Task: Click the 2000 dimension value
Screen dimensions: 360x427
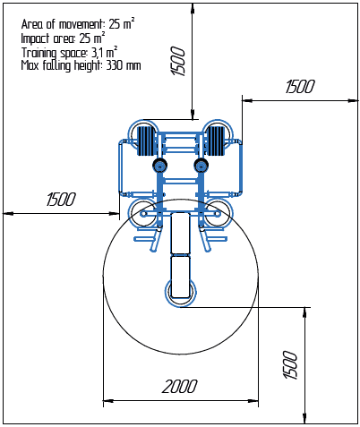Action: (x=179, y=387)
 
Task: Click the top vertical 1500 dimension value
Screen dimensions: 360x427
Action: (x=178, y=61)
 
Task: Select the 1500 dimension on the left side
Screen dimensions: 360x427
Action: (x=61, y=200)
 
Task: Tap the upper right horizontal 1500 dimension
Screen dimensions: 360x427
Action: (x=300, y=87)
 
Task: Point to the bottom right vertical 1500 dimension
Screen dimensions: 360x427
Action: (x=290, y=365)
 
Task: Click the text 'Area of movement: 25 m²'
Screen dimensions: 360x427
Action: (x=78, y=24)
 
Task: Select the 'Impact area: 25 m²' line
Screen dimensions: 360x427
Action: (x=63, y=38)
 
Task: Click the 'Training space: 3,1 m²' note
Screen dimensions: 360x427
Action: (x=69, y=53)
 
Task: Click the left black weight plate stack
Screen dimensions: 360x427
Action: (x=145, y=141)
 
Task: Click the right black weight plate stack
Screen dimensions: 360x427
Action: (x=215, y=141)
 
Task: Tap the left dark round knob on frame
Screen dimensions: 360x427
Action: (x=159, y=165)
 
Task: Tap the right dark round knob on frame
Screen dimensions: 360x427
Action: (x=201, y=165)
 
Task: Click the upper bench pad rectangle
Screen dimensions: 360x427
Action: (x=180, y=233)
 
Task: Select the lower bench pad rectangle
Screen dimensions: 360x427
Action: (x=180, y=278)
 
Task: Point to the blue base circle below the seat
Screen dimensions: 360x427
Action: (x=181, y=305)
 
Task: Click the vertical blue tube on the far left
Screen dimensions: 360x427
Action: (x=121, y=167)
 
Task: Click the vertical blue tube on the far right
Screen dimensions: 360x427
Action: (x=241, y=167)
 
